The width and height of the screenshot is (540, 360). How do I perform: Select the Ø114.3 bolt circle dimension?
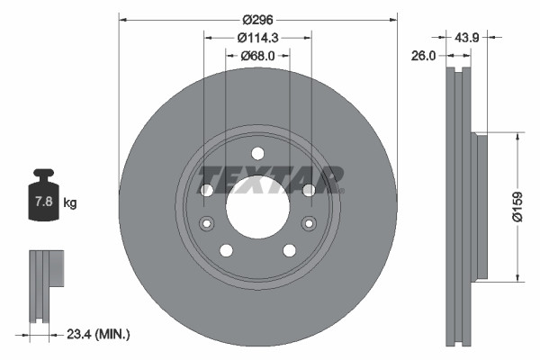[x=258, y=37]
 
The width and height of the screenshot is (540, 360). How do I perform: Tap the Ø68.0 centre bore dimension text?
[x=258, y=56]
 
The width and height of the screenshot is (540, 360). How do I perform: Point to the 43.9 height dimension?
[x=466, y=37]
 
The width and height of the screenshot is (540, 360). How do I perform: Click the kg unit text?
[x=70, y=203]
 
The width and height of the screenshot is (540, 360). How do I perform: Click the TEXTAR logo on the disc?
[x=271, y=179]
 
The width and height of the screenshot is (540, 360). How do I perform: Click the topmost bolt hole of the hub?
[x=257, y=153]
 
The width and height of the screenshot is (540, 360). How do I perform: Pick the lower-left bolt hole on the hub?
[x=226, y=250]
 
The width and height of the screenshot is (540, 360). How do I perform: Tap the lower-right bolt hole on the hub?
[x=290, y=250]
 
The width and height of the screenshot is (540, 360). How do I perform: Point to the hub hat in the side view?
[x=481, y=207]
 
